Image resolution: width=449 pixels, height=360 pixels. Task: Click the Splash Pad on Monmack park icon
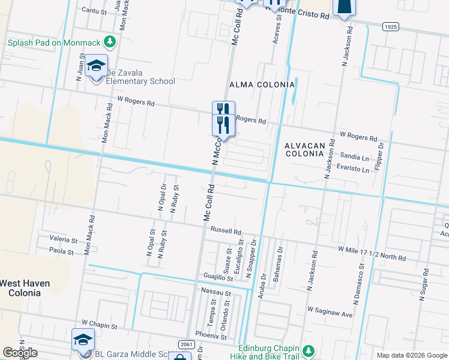click(x=109, y=42)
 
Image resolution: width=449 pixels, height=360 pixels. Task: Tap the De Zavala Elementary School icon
click(x=95, y=66)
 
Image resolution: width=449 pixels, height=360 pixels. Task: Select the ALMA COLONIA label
click(x=262, y=85)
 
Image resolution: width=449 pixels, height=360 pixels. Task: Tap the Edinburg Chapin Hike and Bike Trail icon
click(x=309, y=350)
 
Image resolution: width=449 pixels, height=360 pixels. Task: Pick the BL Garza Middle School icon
click(x=83, y=340)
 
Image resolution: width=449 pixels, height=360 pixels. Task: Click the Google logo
click(x=20, y=353)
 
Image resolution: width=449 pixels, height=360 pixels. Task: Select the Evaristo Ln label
click(x=352, y=169)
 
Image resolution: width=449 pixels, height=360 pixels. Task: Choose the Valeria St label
click(x=63, y=240)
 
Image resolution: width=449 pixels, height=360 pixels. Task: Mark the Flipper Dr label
click(x=379, y=156)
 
